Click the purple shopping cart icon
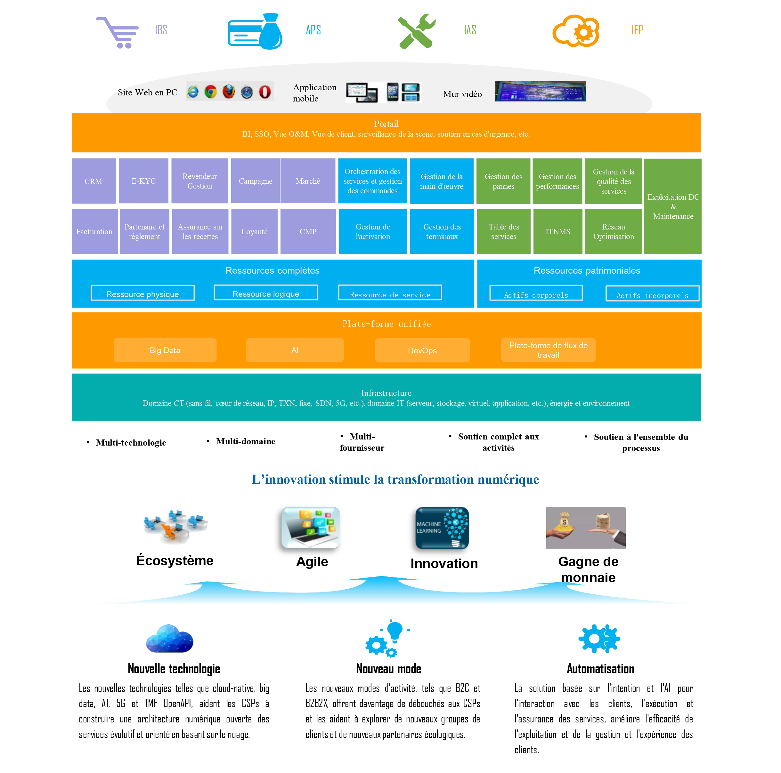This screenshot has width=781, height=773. pyautogui.click(x=118, y=33)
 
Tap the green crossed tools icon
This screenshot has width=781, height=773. pyautogui.click(x=416, y=31)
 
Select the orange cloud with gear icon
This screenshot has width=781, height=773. pyautogui.click(x=576, y=31)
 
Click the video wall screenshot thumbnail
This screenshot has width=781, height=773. pyautogui.click(x=540, y=91)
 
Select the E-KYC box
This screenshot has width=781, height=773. pyautogui.click(x=143, y=181)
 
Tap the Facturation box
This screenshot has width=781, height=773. pyautogui.click(x=94, y=231)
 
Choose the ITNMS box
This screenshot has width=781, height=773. pyautogui.click(x=557, y=231)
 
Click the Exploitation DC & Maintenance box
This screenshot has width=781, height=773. pyautogui.click(x=673, y=206)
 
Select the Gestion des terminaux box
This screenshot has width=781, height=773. pyautogui.click(x=442, y=231)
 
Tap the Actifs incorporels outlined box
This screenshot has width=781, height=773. pyautogui.click(x=652, y=294)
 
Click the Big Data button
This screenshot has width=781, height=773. pyautogui.click(x=165, y=350)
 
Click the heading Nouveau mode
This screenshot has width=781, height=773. pyautogui.click(x=388, y=669)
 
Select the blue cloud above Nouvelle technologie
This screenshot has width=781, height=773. pyautogui.click(x=169, y=639)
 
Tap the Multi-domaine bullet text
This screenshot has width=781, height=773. pyautogui.click(x=245, y=441)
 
